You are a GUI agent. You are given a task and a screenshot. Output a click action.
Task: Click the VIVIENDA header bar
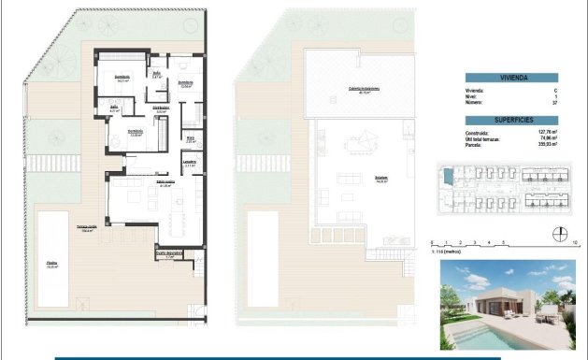[510, 78]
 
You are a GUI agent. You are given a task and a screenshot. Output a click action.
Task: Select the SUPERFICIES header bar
[510, 121]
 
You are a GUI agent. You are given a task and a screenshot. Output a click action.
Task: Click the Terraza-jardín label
[87, 228]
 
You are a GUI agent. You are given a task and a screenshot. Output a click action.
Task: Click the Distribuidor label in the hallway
[162, 108]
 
